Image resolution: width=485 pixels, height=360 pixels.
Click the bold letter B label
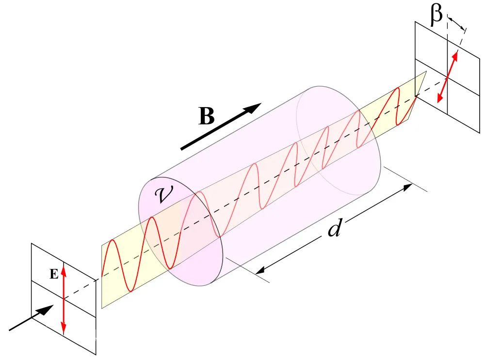207,117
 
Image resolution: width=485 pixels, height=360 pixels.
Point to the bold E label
54,274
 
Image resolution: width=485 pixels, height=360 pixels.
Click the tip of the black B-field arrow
261,104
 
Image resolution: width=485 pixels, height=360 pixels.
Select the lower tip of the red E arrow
64,334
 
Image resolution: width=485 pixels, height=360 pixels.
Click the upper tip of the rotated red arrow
457,51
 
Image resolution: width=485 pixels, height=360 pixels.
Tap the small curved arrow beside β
456,22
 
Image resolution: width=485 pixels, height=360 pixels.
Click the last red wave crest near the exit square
398,89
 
